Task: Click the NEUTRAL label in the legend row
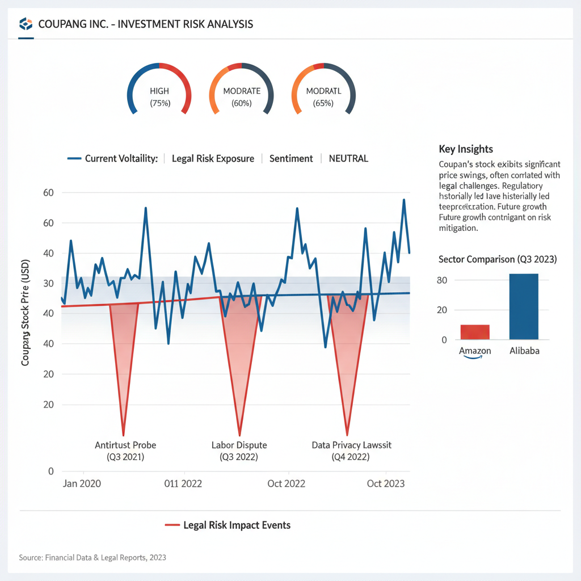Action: [348, 158]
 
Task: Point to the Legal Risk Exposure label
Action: [213, 158]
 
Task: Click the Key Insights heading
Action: [466, 149]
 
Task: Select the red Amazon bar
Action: [474, 332]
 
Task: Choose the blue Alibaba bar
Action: [524, 306]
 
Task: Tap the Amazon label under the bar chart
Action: [475, 351]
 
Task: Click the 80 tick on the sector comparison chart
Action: [442, 280]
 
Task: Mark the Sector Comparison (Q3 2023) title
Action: [498, 259]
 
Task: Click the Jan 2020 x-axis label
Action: [82, 483]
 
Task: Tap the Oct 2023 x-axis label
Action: [386, 483]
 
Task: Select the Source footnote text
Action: [92, 558]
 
